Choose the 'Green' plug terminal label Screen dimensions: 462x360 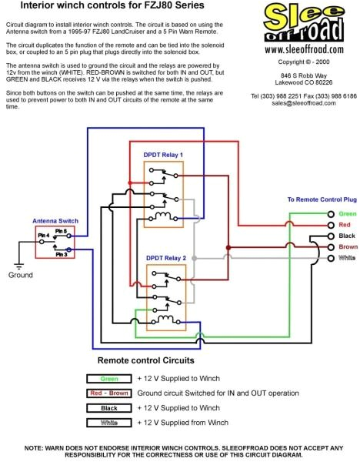(348, 213)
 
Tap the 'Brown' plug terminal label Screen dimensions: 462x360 (348, 246)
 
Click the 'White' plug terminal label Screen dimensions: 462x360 (348, 258)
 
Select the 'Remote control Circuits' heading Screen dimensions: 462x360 (145, 360)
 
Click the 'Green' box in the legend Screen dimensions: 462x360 (108, 378)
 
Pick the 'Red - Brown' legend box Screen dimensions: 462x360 (108, 393)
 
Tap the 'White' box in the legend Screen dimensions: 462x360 (108, 423)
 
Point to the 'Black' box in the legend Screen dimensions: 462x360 (108, 408)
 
